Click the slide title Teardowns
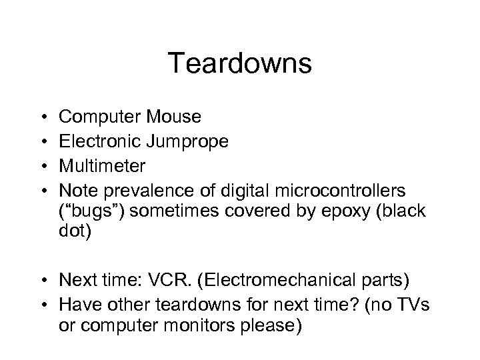[239, 64]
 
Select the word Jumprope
[195, 141]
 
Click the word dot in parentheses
[73, 235]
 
